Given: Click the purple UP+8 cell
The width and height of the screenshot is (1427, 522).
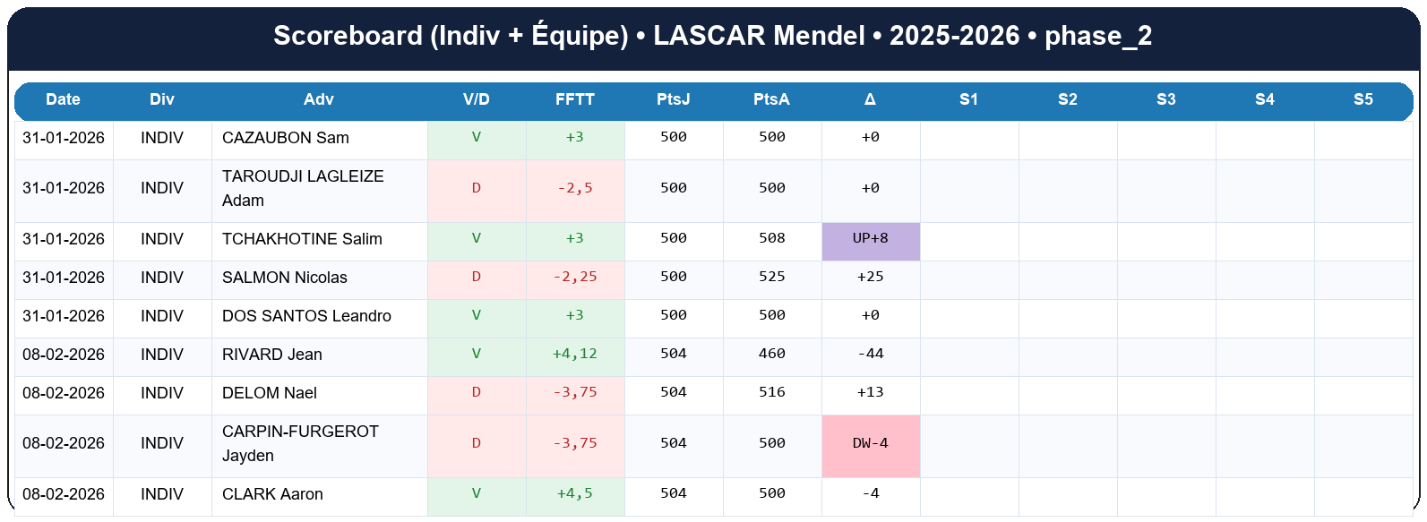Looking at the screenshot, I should (871, 239).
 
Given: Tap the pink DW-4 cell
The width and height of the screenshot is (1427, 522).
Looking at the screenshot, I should (871, 444).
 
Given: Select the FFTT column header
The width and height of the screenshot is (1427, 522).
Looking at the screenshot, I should (575, 99).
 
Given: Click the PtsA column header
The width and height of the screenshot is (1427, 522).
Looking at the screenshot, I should (771, 99).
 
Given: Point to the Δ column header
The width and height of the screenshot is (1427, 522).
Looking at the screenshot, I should (870, 99).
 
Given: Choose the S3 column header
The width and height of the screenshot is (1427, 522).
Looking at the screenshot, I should (1165, 99).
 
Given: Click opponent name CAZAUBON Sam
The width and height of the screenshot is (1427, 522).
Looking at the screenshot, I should (286, 138).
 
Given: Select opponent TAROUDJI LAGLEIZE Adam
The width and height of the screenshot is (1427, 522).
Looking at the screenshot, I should (303, 188).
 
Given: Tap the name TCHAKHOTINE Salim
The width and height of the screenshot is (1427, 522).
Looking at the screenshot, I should (302, 239).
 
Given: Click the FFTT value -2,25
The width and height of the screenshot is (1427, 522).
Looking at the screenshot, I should (575, 278).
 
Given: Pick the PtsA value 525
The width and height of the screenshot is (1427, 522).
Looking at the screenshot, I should (772, 278).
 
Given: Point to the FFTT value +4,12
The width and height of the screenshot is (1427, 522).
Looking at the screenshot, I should (575, 355).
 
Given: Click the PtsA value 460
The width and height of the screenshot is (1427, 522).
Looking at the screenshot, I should (772, 355).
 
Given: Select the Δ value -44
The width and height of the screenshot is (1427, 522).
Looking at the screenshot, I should (871, 355).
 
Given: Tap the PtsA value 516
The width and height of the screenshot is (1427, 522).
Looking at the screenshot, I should (772, 393).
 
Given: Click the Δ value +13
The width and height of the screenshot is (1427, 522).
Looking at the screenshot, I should (871, 393).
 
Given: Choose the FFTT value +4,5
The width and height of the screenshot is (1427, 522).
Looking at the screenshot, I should (575, 494).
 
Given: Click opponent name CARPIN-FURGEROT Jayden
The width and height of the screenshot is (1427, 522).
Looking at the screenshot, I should (300, 443).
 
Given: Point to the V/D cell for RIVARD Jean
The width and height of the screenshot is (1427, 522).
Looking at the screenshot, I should (477, 355).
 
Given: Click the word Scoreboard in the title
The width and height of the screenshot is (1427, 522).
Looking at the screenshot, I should (348, 36).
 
